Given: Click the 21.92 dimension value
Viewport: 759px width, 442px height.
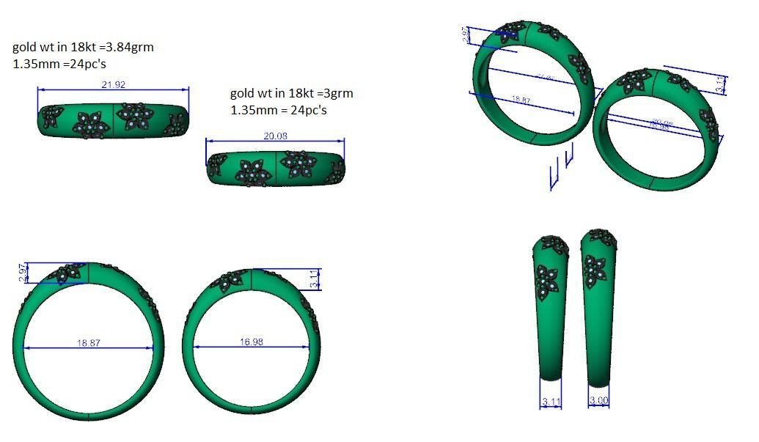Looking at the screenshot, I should click(113, 85).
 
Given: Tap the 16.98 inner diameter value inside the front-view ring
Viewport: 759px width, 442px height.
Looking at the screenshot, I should click(252, 342).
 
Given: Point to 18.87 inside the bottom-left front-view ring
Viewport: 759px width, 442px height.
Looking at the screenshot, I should click(89, 342).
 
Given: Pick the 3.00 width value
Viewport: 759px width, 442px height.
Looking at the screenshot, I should click(598, 401).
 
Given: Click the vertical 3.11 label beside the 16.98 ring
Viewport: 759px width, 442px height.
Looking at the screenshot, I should click(315, 279).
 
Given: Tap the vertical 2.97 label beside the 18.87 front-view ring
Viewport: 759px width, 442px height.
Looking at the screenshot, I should click(22, 273).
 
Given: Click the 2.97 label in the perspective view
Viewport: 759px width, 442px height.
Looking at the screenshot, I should click(466, 34).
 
